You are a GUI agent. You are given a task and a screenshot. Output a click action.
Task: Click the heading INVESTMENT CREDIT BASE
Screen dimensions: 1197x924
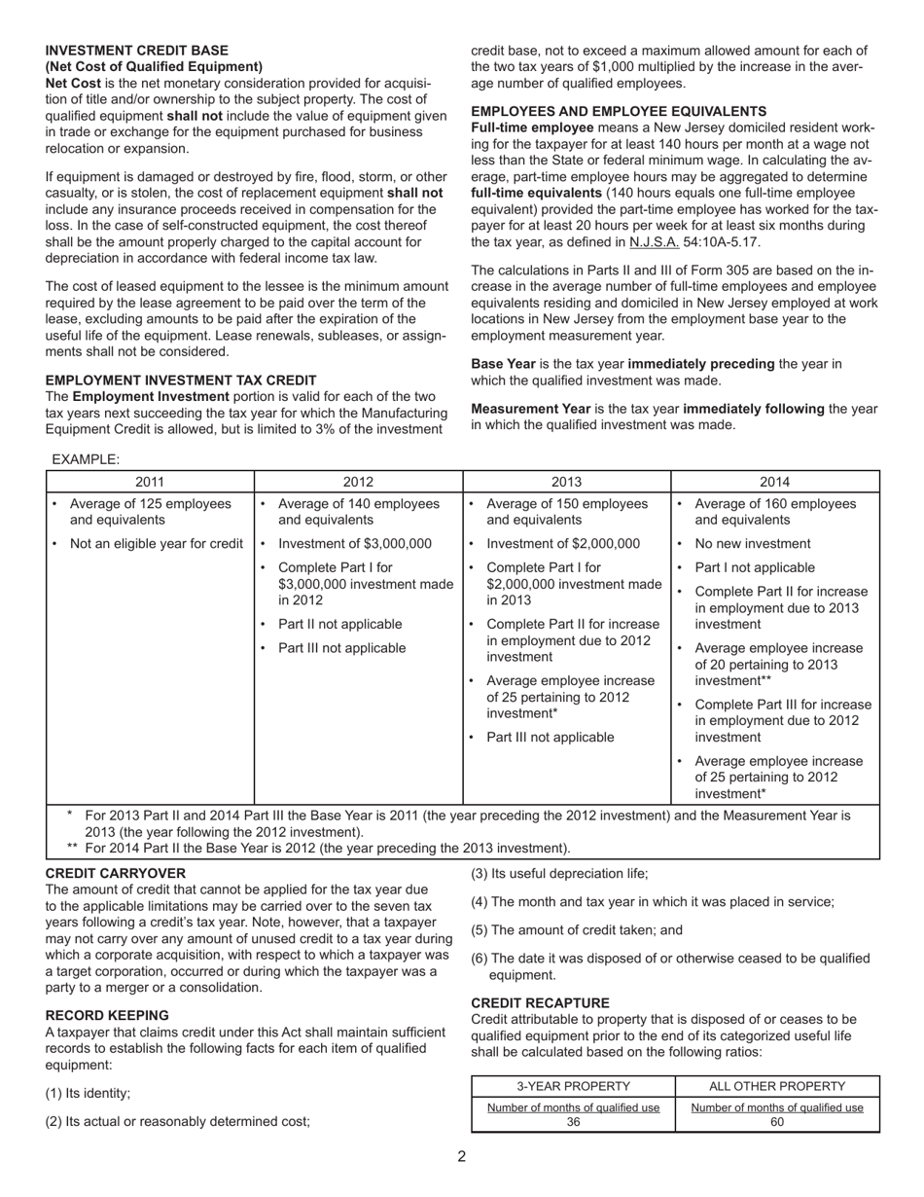click(137, 51)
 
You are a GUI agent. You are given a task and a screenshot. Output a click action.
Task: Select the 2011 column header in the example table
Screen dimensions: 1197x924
click(150, 482)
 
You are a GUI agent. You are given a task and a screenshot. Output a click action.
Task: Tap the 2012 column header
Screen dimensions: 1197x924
click(358, 482)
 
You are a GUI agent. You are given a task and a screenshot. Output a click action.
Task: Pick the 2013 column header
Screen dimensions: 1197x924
click(566, 482)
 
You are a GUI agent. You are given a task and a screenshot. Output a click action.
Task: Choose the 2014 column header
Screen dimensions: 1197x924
click(775, 482)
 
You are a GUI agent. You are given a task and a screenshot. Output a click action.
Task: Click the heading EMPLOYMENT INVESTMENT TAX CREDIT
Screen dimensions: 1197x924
click(181, 381)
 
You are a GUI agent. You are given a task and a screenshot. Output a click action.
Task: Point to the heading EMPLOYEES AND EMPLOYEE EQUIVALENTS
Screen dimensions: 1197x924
click(619, 112)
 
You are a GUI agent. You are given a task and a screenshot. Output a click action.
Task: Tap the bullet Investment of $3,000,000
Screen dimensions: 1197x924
click(354, 544)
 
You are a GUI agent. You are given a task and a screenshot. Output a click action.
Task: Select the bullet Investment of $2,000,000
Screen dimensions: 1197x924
click(563, 544)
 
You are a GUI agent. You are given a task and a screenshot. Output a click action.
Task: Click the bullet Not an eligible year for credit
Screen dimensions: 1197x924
click(156, 544)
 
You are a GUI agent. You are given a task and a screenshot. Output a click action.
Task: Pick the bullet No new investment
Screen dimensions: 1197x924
click(752, 544)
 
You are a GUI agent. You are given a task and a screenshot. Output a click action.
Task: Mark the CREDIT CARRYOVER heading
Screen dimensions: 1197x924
click(115, 874)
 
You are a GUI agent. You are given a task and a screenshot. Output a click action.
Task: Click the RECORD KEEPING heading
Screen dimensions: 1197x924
click(107, 1015)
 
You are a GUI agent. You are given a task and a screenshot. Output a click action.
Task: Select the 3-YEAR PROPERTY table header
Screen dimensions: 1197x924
click(573, 1087)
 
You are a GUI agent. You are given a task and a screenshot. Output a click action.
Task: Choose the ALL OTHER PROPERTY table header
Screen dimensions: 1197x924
click(776, 1087)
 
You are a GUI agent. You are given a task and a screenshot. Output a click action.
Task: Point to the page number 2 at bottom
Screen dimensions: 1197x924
click(462, 1157)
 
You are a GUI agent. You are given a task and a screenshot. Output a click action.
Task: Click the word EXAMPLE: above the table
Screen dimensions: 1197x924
click(86, 459)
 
